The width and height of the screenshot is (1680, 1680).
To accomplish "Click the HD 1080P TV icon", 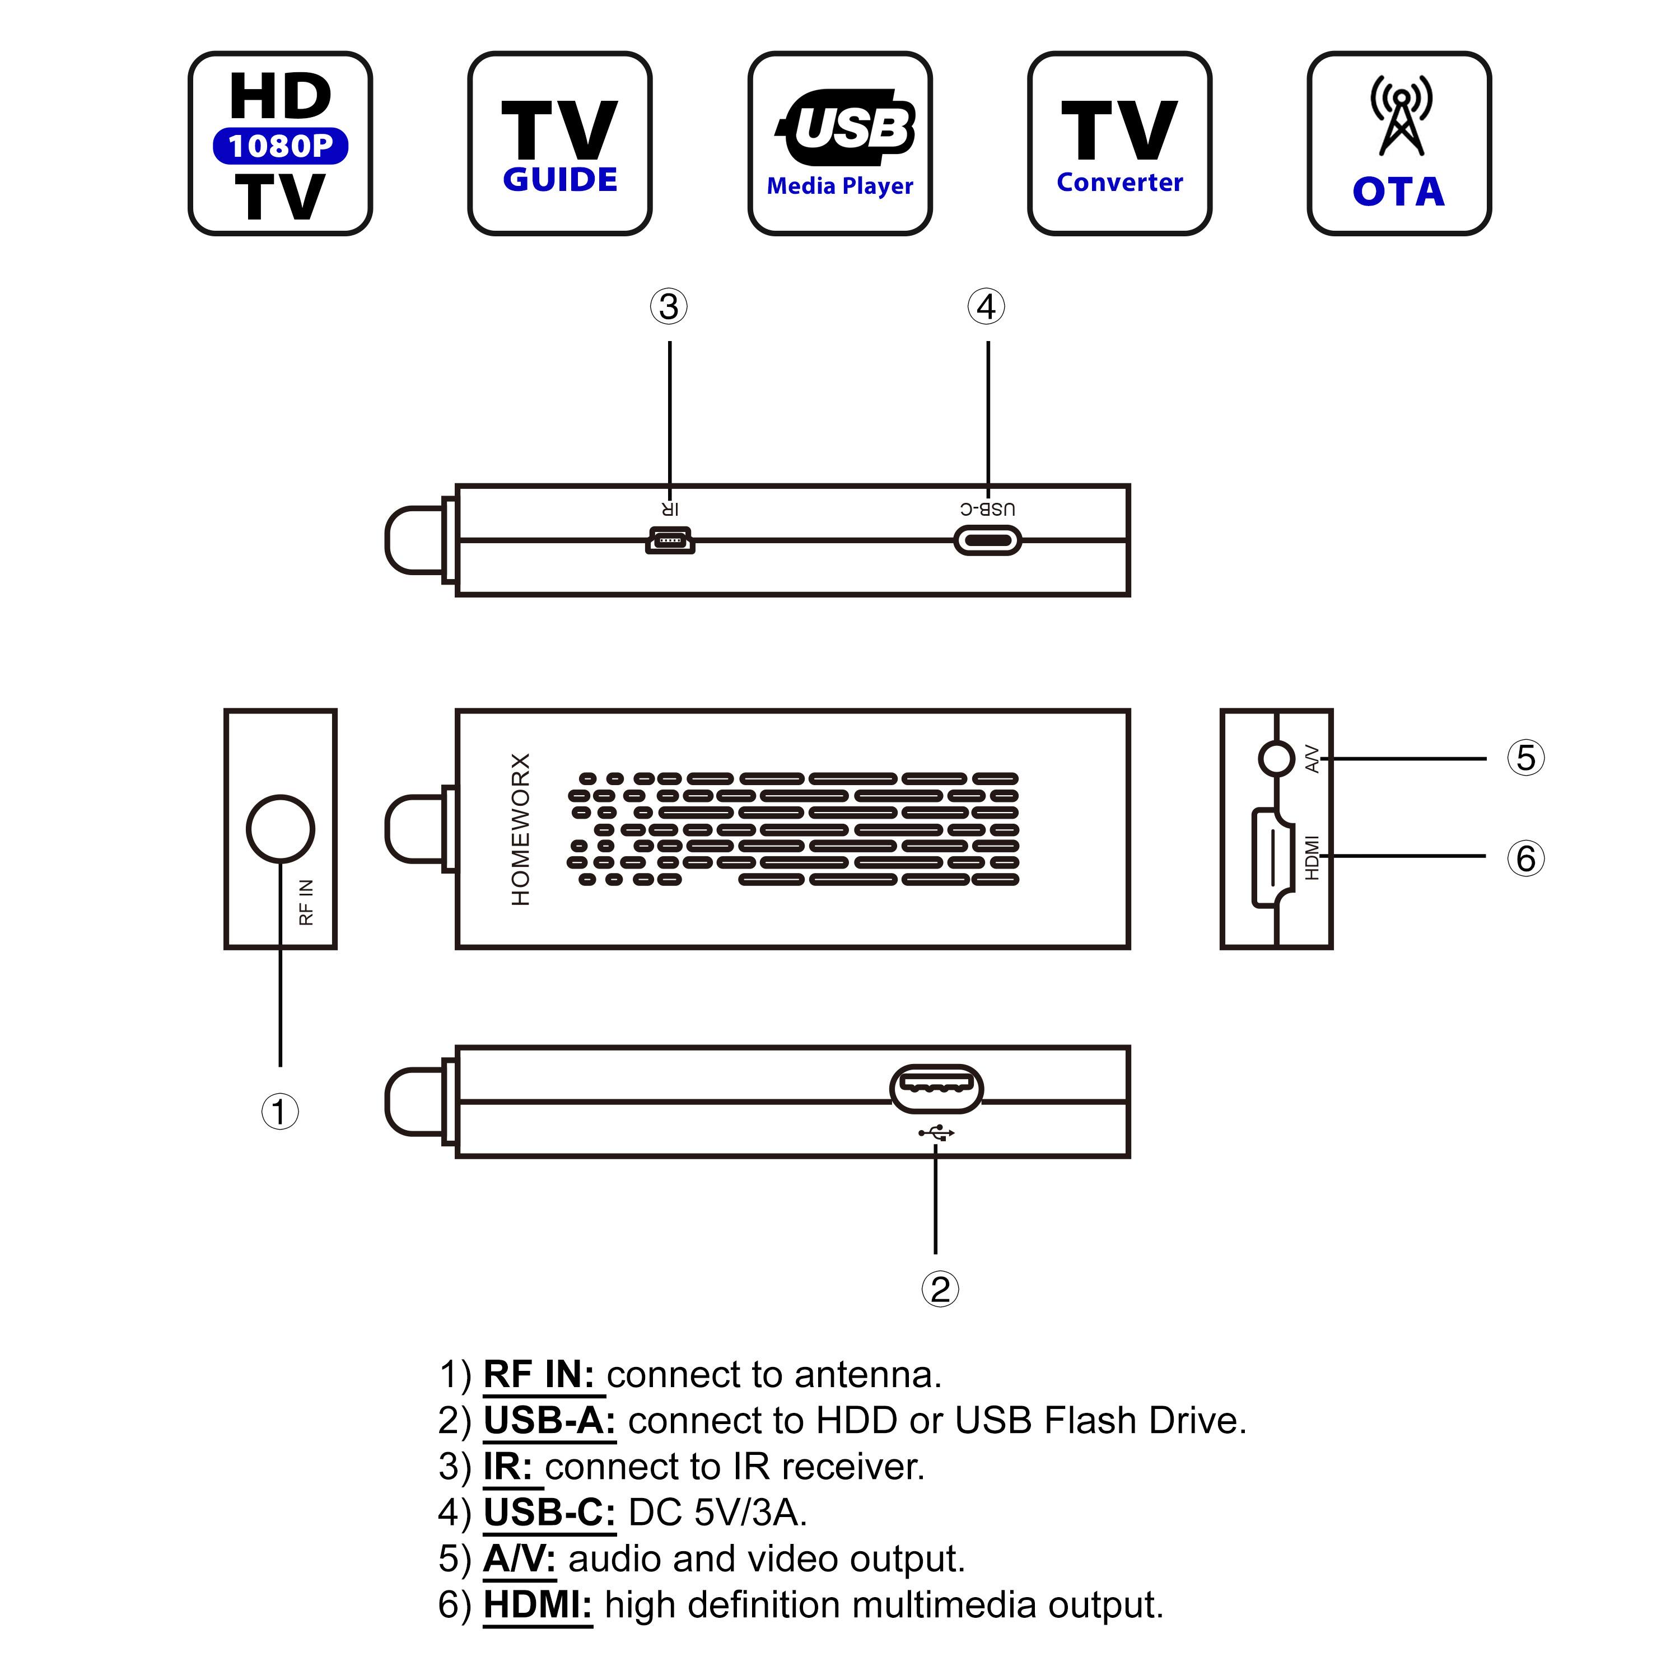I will coord(280,143).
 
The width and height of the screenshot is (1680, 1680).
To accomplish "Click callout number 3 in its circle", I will coord(669,306).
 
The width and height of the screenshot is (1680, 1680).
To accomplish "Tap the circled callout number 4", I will coord(986,306).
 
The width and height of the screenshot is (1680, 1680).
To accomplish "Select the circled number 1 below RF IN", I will coord(280,1111).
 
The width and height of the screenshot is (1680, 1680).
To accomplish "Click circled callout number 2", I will coord(939,1289).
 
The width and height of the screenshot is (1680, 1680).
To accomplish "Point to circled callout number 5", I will coord(1525,757).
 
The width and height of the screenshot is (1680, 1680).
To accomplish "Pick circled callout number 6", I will coord(1525,858).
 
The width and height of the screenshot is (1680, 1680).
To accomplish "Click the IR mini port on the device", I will coord(670,541).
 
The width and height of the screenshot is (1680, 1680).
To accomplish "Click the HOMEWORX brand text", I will coord(520,829).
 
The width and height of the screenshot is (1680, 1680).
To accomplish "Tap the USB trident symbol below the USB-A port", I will coord(936,1133).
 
